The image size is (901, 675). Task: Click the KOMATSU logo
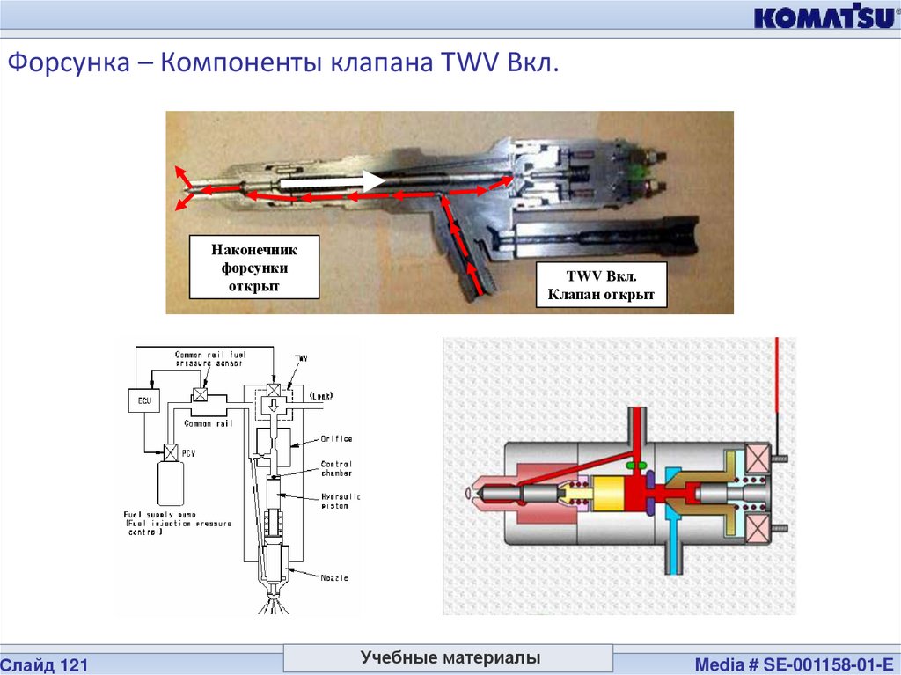[x=822, y=18]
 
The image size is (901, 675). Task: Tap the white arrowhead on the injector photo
[x=374, y=181]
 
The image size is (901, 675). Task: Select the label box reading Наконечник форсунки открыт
[x=254, y=266]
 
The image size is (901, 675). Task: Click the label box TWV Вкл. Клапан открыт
[x=601, y=283]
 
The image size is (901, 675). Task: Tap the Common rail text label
[x=208, y=423]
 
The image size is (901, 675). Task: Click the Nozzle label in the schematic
[x=334, y=577]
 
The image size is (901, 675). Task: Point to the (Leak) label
[x=321, y=398]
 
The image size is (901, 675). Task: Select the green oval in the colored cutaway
[x=636, y=464]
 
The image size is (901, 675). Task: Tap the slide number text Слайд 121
[x=44, y=663]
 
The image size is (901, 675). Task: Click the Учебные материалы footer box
[x=450, y=658]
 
